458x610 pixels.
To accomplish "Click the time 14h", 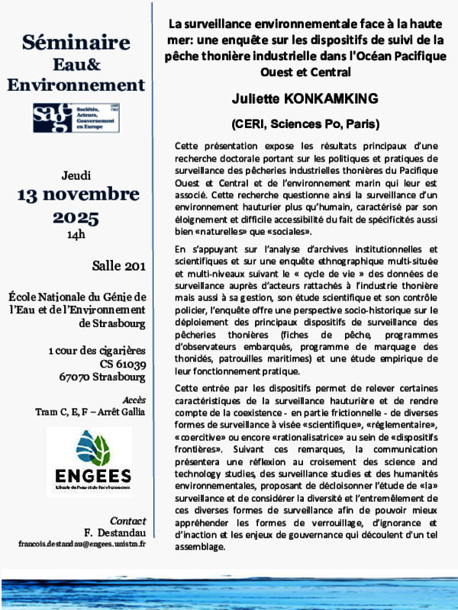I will click(76, 235).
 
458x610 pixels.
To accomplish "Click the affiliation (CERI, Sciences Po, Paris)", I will click(305, 123).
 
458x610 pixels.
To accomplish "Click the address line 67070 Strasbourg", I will click(103, 377).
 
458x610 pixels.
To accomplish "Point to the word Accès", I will click(134, 400).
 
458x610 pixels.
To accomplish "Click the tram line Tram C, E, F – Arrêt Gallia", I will click(90, 412).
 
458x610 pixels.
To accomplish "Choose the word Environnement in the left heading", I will click(76, 84).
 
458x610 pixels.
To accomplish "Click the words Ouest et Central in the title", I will click(305, 73).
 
